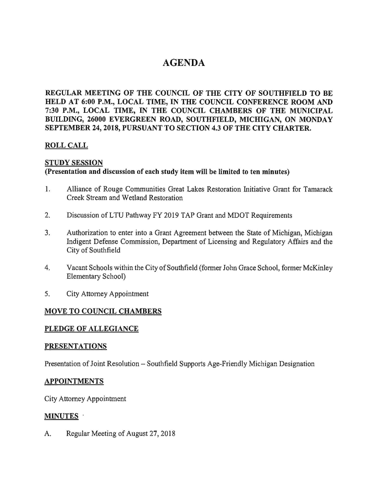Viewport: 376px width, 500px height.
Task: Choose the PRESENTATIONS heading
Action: pos(76,347)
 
